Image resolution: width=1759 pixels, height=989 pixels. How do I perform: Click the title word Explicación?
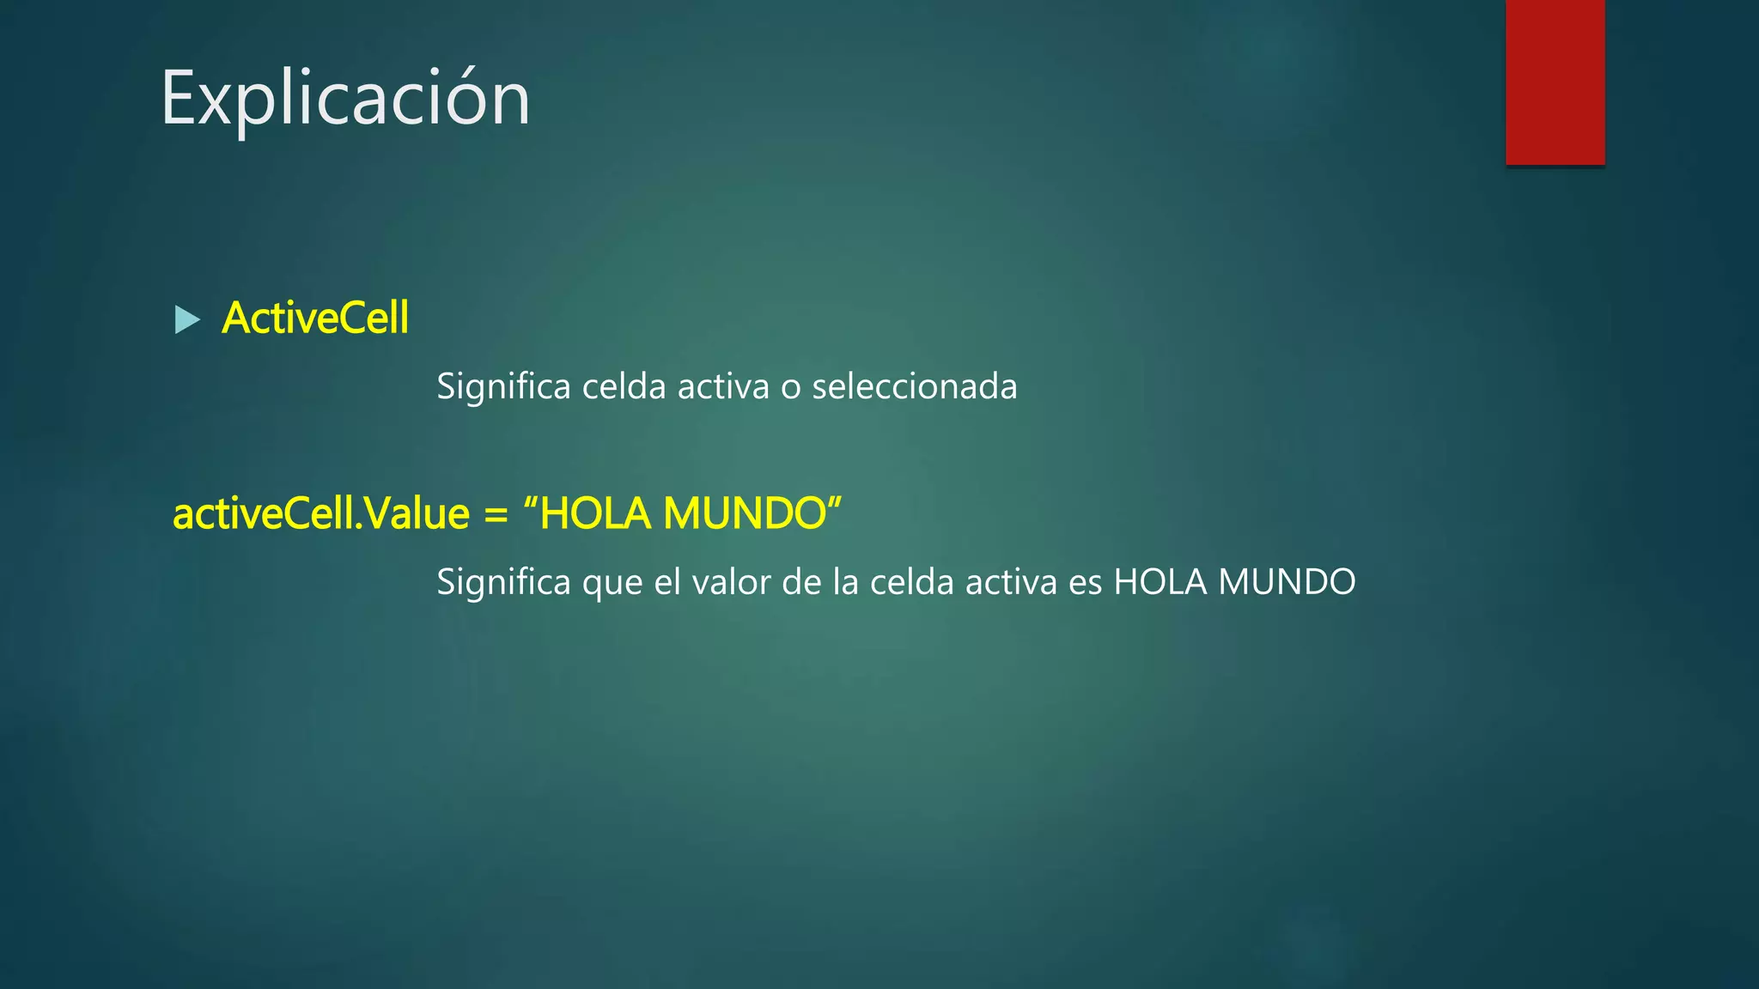[x=345, y=100]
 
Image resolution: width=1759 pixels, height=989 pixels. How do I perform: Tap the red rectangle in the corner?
[x=1555, y=82]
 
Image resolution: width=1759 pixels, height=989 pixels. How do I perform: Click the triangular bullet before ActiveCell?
[x=186, y=319]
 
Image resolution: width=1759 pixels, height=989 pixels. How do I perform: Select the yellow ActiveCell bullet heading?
[x=315, y=319]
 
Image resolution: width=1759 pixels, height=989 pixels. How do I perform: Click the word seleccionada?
[x=914, y=386]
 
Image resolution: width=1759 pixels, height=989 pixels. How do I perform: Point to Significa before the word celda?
[x=503, y=386]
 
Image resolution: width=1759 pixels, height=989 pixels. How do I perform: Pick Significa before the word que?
[x=503, y=582]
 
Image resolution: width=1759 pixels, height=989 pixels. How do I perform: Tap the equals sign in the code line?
[x=496, y=514]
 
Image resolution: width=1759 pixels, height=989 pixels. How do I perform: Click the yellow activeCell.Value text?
[x=321, y=514]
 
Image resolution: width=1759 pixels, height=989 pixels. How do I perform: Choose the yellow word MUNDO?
[x=744, y=514]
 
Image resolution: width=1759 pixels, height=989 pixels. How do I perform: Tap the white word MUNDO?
[x=1287, y=582]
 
